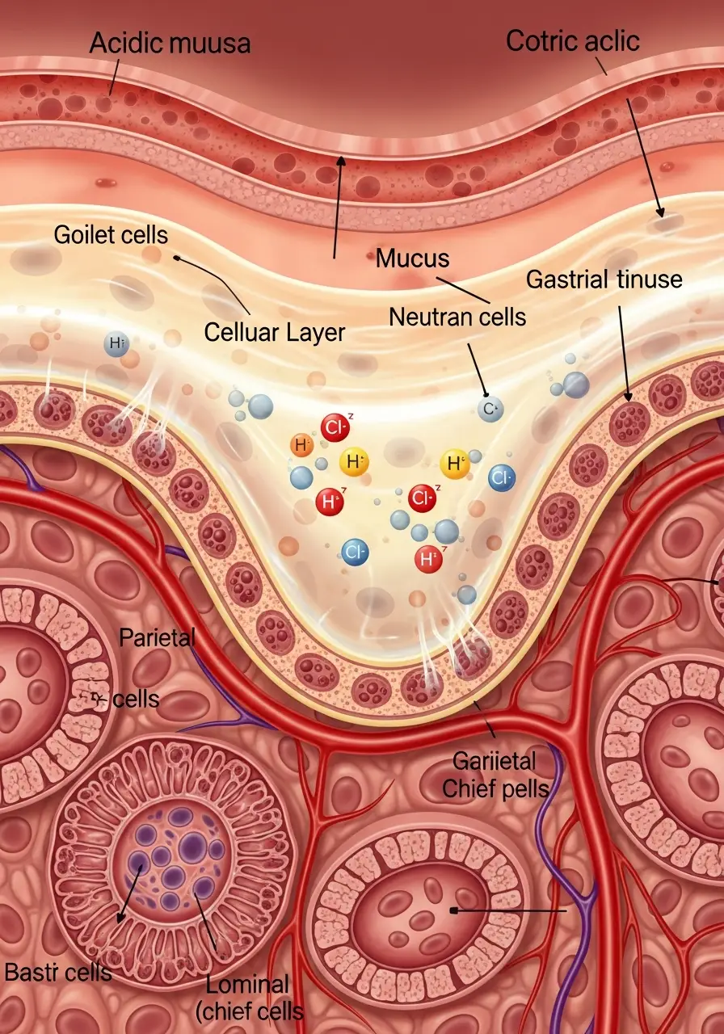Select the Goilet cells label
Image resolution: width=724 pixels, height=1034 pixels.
point(112,235)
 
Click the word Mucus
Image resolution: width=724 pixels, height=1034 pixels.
point(413,259)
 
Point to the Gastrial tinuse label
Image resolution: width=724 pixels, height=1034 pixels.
point(604,280)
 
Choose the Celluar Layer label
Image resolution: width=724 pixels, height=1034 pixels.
point(275,331)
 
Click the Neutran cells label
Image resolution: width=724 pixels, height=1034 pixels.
point(457,317)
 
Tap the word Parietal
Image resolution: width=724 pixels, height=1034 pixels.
point(158,637)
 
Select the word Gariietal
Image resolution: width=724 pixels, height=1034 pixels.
point(495,761)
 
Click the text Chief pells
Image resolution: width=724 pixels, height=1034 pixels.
point(496,788)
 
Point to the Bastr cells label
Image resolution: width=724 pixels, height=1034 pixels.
point(57,971)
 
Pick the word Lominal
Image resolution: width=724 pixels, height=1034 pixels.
point(247,984)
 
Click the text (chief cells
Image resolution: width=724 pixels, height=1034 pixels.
point(250,1011)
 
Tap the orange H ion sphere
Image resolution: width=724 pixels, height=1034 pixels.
point(302,444)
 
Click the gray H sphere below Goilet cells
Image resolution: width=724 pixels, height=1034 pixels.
point(116,344)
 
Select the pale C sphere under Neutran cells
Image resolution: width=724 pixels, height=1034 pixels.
point(488,410)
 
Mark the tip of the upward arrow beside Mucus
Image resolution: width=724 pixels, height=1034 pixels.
point(341,158)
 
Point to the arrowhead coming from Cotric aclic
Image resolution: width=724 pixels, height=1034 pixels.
point(662,214)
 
